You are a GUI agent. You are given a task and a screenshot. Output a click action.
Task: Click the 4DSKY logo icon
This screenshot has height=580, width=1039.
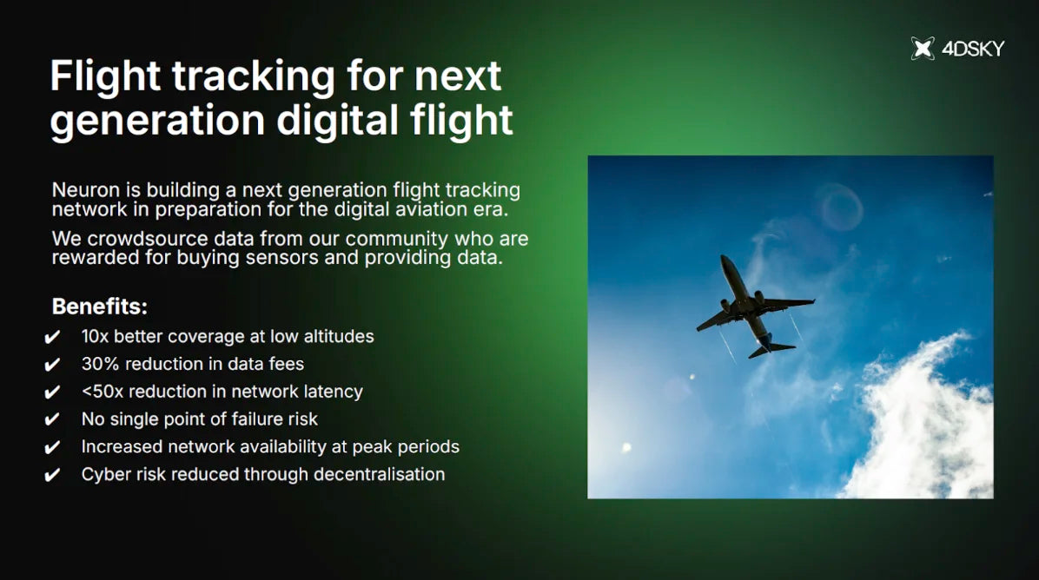pos(923,49)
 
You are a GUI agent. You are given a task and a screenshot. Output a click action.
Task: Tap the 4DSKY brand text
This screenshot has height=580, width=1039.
pos(973,49)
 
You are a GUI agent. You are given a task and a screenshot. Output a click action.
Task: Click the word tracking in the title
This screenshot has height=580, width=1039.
pos(254,76)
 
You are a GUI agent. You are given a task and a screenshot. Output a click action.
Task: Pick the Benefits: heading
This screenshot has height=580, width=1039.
pos(99,306)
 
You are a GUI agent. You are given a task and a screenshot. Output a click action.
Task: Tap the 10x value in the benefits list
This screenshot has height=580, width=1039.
pos(95,336)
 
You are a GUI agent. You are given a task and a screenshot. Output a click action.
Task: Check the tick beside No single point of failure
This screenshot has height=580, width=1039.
pos(52,419)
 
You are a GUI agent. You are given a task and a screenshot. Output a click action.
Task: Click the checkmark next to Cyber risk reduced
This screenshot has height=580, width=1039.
pos(52,475)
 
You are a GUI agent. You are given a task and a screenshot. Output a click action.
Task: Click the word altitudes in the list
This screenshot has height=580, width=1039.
pos(339,336)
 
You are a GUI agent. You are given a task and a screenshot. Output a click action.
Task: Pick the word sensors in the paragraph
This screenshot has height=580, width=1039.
pos(281,258)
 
